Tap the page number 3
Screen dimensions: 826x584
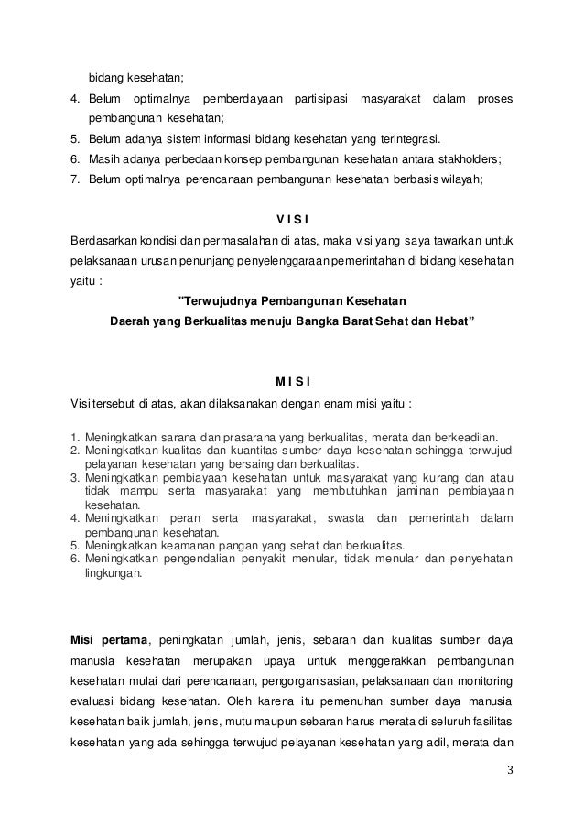click(510, 768)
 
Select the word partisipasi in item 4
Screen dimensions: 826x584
click(323, 99)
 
